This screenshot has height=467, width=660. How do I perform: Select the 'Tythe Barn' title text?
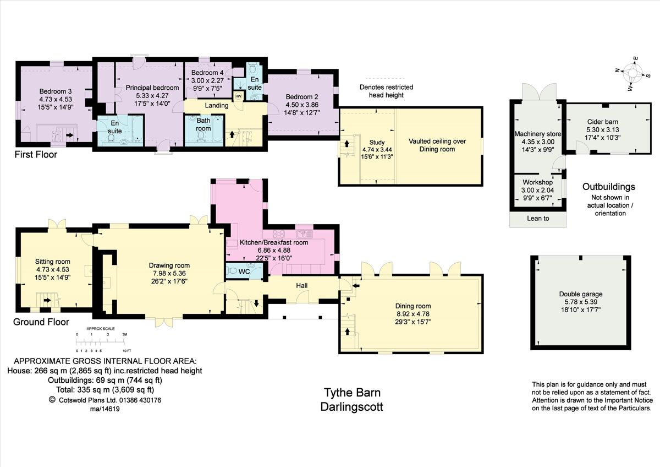(351, 393)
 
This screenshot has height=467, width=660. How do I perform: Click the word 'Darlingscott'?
(351, 407)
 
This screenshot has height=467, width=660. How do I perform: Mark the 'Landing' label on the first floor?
(217, 105)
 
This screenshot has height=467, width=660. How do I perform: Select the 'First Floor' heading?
(36, 155)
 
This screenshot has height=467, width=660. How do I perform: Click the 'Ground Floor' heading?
(41, 322)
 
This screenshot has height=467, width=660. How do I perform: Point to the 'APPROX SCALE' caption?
(100, 328)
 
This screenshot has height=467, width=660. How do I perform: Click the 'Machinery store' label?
(536, 134)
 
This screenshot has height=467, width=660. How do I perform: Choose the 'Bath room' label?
(204, 124)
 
